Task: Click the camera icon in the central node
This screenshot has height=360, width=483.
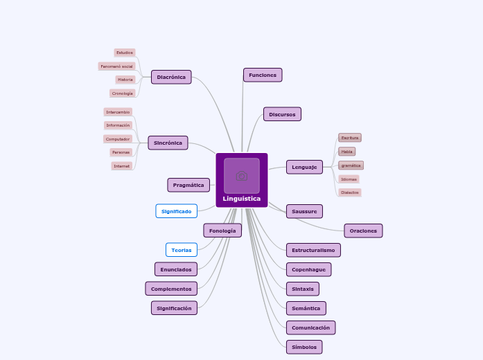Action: point(242,176)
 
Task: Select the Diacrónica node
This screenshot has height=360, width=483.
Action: point(171,77)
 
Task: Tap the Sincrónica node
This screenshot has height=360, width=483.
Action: point(168,143)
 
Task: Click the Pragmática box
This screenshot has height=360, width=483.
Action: point(188,185)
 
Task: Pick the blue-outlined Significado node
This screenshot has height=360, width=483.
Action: point(177,211)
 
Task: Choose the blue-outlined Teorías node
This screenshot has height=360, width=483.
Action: point(182,249)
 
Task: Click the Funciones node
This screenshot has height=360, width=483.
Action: point(263,75)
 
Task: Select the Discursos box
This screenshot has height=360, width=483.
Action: point(282,114)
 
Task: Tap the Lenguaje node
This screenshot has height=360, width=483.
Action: point(304,167)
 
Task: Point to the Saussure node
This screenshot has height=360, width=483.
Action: point(304,211)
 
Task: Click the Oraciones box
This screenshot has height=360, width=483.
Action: point(363,231)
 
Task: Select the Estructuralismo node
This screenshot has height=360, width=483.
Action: point(313,250)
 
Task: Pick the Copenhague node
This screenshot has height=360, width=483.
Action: point(308,269)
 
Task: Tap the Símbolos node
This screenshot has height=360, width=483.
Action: point(304,347)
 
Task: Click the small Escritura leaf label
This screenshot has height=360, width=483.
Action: point(350,138)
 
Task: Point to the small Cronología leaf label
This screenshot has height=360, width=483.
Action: point(123,93)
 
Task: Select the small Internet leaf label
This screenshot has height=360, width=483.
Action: point(122,166)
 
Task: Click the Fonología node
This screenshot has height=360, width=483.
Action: point(222,231)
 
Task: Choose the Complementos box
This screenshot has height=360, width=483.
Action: point(171,288)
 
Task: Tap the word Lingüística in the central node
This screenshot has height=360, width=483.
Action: point(242,199)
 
